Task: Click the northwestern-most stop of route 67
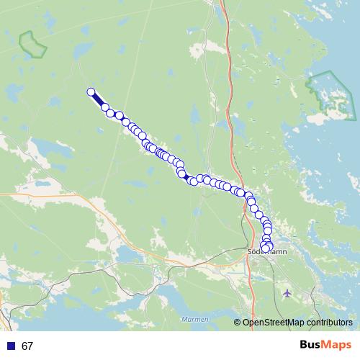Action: [91, 91]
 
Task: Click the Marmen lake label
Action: [195, 319]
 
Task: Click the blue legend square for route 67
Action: [11, 346]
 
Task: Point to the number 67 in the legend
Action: [27, 346]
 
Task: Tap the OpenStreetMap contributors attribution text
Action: [297, 323]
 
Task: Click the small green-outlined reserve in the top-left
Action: [32, 45]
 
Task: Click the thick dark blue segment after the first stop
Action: [98, 99]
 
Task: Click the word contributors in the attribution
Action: [328, 323]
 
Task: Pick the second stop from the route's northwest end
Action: [105, 107]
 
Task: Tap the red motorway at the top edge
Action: [222, 6]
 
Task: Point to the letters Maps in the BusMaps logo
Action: [335, 346]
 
